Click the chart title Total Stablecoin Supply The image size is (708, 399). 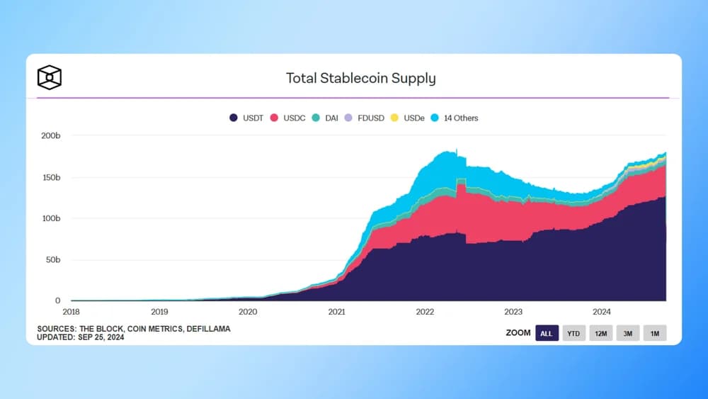[360, 78]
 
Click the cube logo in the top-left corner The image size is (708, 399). [50, 77]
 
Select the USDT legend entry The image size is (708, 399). [246, 118]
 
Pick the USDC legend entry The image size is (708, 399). [288, 118]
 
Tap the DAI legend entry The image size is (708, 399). [326, 118]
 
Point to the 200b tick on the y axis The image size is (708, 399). [51, 135]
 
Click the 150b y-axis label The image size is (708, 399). [51, 176]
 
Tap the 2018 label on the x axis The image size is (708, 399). [72, 311]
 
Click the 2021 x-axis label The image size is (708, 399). [336, 311]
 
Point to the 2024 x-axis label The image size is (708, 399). [601, 311]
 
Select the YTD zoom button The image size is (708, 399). [574, 333]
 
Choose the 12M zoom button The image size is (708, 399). [601, 333]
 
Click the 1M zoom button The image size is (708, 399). [654, 333]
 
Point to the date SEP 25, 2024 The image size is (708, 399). [100, 337]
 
